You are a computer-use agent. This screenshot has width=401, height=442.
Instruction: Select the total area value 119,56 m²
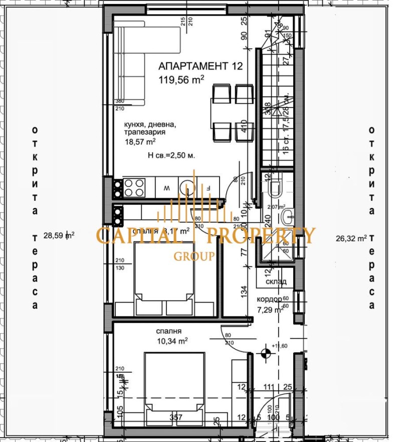click(181, 79)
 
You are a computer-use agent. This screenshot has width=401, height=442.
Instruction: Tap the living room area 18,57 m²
click(140, 142)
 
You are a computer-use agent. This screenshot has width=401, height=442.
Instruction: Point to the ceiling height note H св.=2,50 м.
click(171, 156)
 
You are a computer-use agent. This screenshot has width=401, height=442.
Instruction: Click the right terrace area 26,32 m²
click(351, 238)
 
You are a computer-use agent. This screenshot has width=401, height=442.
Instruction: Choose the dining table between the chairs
click(222, 114)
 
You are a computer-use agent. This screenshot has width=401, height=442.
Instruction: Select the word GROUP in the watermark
click(194, 256)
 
